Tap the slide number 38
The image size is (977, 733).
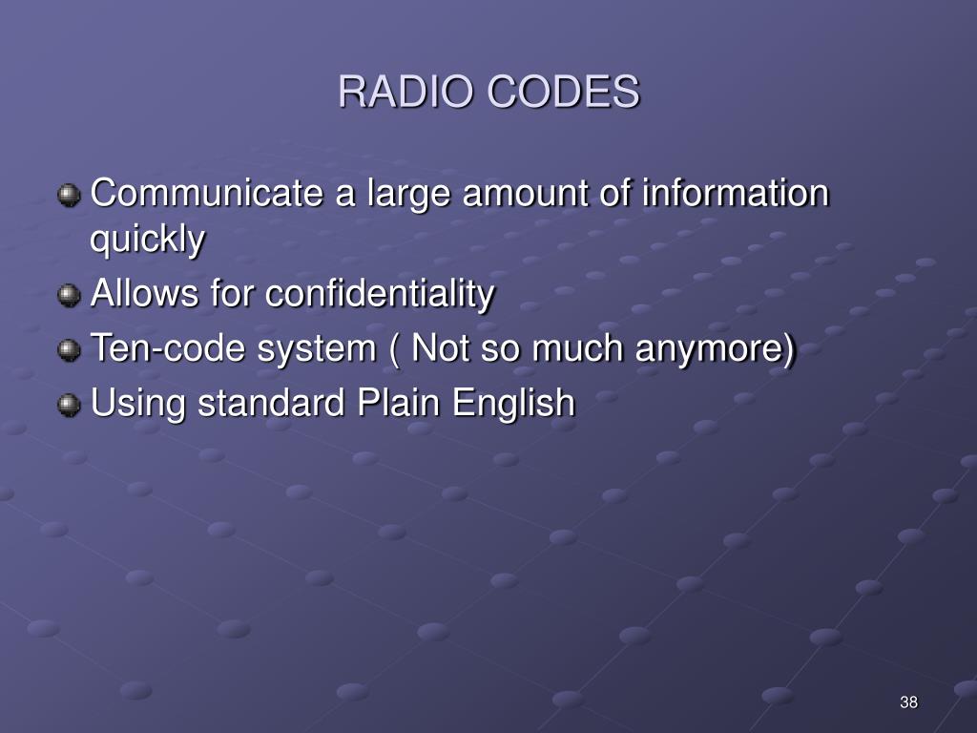(x=908, y=703)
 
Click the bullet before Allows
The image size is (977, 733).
(x=69, y=297)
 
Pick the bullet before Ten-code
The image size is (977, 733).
(x=69, y=351)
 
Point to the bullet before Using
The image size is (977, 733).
(x=69, y=406)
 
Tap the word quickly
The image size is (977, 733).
(x=147, y=241)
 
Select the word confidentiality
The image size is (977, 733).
(x=380, y=295)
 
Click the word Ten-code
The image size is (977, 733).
(x=155, y=349)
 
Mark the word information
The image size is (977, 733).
(x=735, y=195)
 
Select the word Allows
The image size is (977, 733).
(x=140, y=295)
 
